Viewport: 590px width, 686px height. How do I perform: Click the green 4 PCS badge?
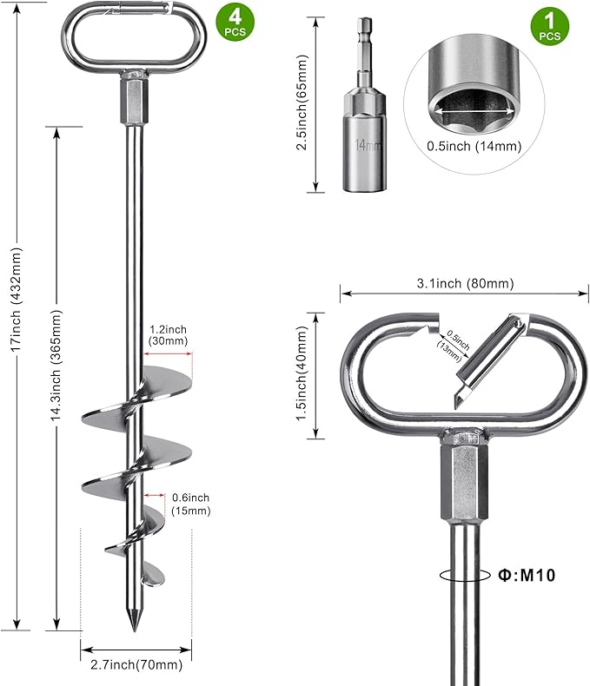point(235,23)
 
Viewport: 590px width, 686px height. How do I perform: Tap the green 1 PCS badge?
point(550,26)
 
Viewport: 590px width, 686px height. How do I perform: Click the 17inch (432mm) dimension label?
point(17,300)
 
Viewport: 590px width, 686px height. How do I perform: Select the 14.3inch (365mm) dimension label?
point(56,366)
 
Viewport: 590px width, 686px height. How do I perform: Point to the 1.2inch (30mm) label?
point(168,335)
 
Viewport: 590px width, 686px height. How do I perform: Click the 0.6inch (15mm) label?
point(191,504)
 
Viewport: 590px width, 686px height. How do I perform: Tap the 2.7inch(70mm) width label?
point(136,665)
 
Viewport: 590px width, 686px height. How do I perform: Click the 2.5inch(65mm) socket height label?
point(302,102)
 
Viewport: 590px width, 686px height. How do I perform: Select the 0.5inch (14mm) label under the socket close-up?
point(474,146)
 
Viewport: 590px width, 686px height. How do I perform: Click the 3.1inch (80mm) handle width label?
point(465,283)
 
